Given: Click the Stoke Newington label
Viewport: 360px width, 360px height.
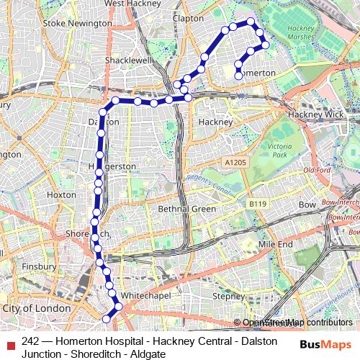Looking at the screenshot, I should click(x=78, y=24).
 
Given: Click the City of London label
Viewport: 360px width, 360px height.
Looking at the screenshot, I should click(x=37, y=308).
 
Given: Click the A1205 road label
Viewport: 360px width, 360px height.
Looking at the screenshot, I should click(x=233, y=164).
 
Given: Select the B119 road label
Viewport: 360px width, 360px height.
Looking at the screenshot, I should click(x=257, y=205).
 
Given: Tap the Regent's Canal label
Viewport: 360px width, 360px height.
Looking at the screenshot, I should click(x=207, y=180).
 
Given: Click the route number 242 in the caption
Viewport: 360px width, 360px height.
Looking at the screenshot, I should click(x=31, y=341).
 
